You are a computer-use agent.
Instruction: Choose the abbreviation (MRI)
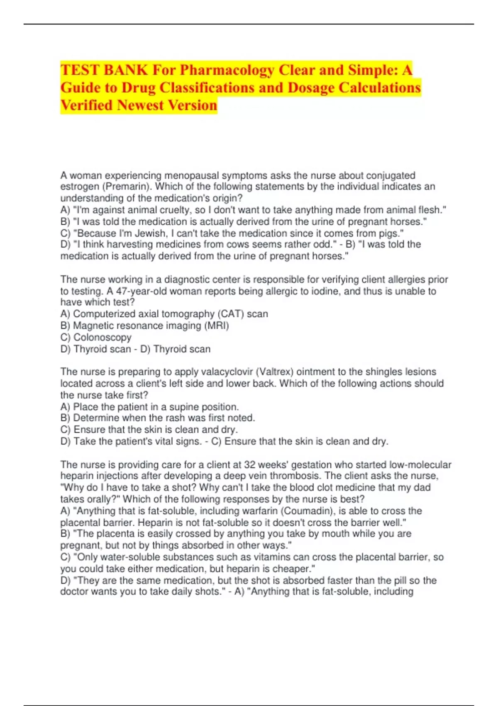[216, 326]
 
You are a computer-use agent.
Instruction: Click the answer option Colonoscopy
[102, 337]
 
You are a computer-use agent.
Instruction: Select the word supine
[184, 407]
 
